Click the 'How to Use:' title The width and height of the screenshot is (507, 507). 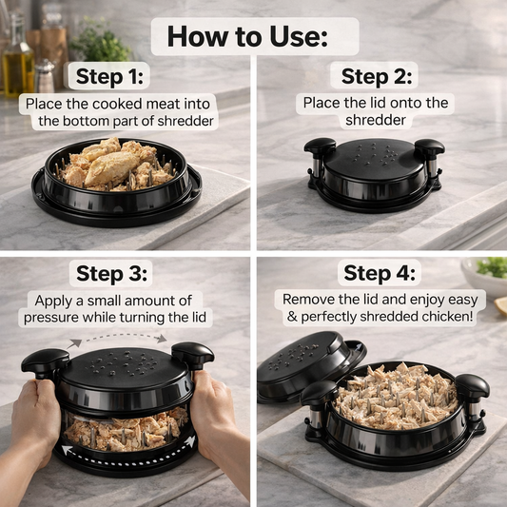247,36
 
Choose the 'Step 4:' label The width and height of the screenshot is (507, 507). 379,273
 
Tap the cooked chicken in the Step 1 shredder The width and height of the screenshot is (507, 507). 116,164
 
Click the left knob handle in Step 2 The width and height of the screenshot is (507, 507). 320,148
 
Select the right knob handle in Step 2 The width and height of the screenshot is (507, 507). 429,149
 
